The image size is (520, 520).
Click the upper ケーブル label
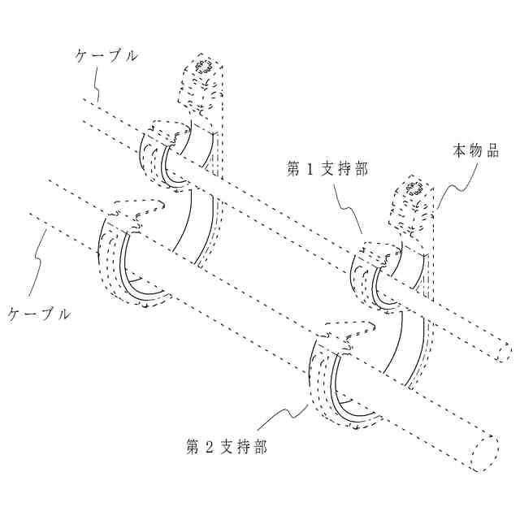point(106,56)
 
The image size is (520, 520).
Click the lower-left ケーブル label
point(38,313)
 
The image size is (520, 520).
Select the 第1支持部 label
point(327,169)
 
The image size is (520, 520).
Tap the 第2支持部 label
point(227,446)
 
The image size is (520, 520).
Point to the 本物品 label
point(475,150)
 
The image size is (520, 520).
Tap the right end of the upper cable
point(505,352)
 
